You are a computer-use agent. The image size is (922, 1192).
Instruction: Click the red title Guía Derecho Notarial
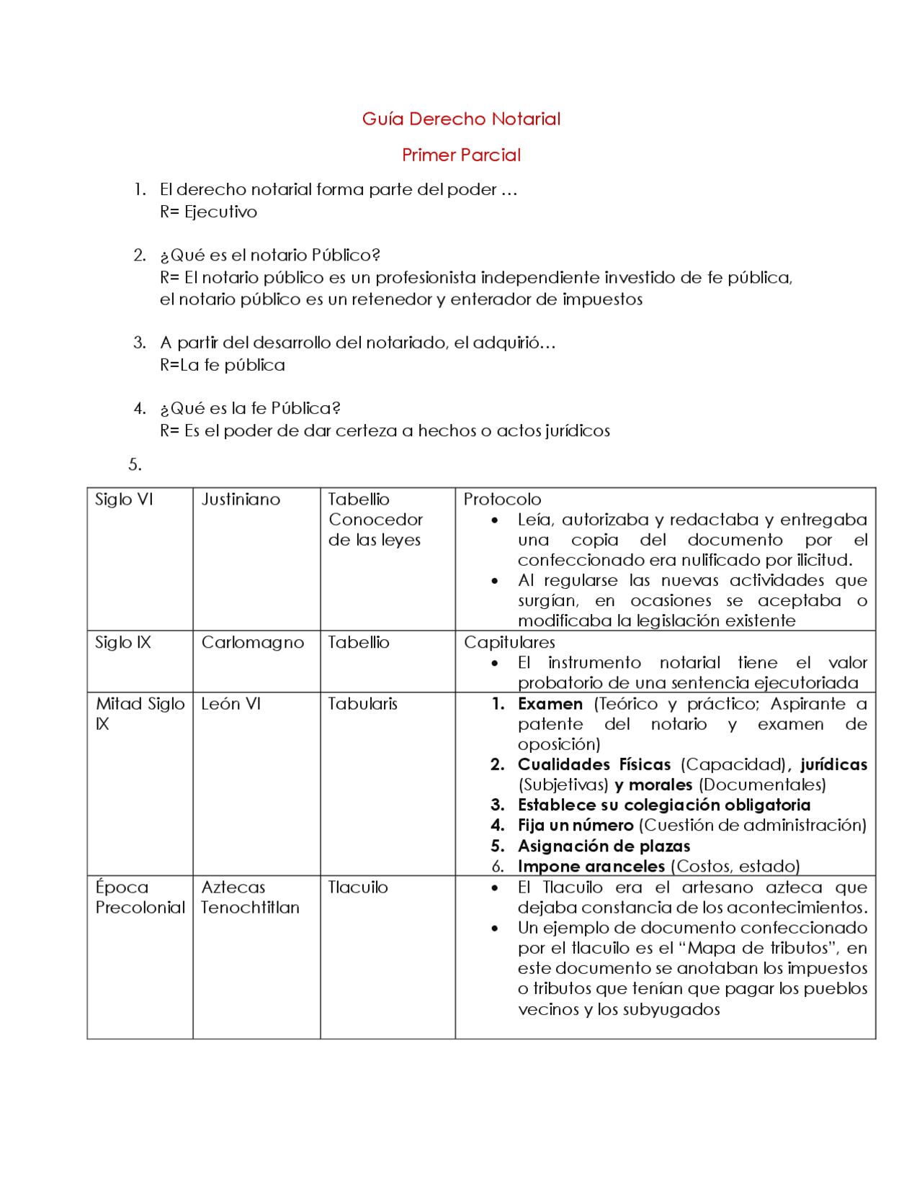point(461,119)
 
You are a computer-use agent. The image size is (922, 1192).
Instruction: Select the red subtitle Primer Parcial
point(461,155)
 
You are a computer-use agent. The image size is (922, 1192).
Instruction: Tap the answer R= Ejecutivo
point(208,212)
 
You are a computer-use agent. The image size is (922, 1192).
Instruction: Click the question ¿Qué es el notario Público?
point(270,255)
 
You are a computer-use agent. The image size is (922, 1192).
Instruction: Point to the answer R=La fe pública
point(223,365)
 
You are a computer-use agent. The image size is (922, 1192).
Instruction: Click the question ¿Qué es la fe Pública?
point(250,408)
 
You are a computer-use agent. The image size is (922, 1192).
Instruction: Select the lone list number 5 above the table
point(135,465)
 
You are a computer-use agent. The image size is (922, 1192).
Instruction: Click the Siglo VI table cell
point(124,500)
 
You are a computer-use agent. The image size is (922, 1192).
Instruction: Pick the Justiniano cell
point(241,500)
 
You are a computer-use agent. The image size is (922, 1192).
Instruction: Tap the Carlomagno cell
point(252,642)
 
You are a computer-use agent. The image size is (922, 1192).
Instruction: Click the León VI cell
point(230,704)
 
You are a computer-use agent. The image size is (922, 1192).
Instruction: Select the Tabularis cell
point(362,704)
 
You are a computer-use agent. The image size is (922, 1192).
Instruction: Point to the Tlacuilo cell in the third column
point(358,888)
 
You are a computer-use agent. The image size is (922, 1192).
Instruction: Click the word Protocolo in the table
point(502,500)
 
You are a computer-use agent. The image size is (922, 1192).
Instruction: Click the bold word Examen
point(550,704)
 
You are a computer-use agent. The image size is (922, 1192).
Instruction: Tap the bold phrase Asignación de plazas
point(604,846)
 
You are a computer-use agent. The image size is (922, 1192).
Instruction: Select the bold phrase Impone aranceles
point(591,867)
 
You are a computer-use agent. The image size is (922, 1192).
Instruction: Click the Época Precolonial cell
point(140,898)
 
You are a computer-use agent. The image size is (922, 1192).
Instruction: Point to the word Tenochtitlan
point(250,908)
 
